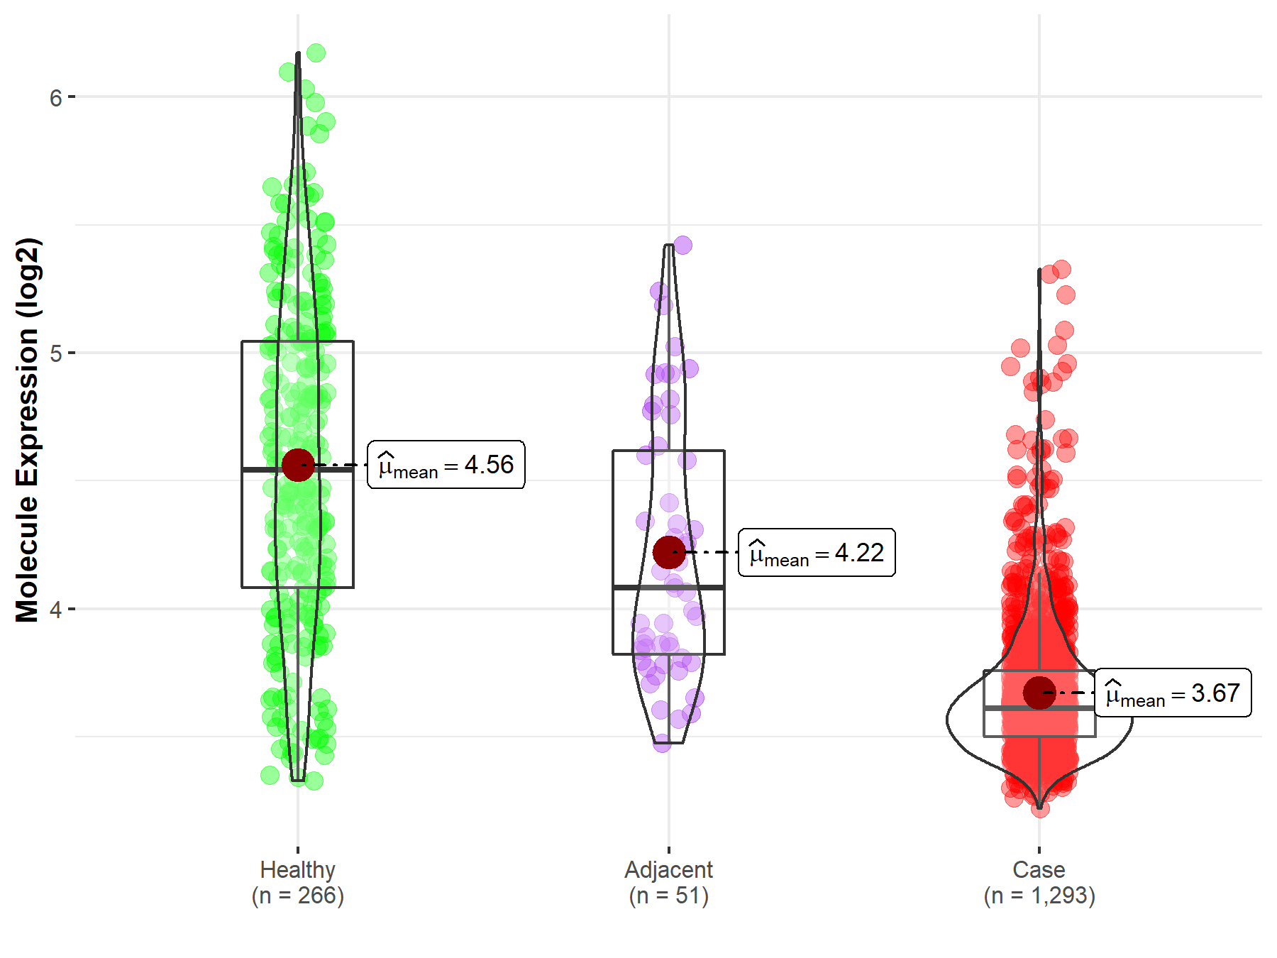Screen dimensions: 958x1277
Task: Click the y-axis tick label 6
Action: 56,98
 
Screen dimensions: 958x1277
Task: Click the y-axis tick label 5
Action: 56,353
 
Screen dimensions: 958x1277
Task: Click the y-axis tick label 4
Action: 56,610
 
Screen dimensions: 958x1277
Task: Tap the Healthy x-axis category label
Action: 297,869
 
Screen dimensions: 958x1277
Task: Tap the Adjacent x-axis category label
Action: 668,869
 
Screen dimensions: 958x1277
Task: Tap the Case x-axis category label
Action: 1039,869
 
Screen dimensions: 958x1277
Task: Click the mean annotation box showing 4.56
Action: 446,465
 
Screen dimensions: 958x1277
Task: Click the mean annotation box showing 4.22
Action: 817,553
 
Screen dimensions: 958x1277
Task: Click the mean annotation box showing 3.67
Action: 1173,693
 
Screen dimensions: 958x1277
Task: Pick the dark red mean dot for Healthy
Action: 298,465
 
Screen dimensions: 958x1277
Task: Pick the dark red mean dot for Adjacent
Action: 668,552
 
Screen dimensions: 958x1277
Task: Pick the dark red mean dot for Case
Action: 1039,693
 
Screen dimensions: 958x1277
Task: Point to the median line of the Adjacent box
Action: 668,588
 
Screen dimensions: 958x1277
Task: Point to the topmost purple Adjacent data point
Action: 682,245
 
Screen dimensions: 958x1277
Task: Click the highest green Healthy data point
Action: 316,53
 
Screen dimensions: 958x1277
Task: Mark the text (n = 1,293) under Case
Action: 1039,896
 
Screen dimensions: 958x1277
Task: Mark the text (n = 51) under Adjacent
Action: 668,896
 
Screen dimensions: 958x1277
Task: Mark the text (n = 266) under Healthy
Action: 297,896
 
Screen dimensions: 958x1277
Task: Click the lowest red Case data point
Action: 1040,808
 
